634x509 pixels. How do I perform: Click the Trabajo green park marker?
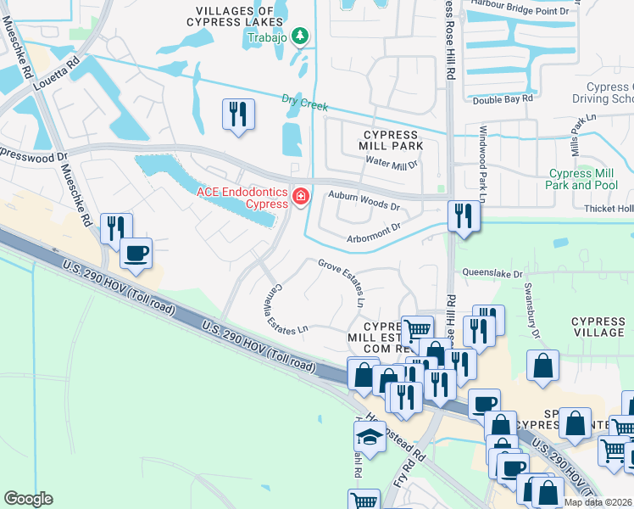(299, 36)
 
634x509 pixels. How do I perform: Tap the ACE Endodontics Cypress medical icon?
(300, 197)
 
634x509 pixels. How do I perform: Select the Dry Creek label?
(304, 103)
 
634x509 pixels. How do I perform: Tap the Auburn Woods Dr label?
(364, 204)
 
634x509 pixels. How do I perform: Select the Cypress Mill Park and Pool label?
(581, 179)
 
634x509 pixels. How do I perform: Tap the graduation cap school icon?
(370, 436)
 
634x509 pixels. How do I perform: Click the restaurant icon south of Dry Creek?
(237, 114)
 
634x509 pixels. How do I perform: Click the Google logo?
(29, 498)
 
